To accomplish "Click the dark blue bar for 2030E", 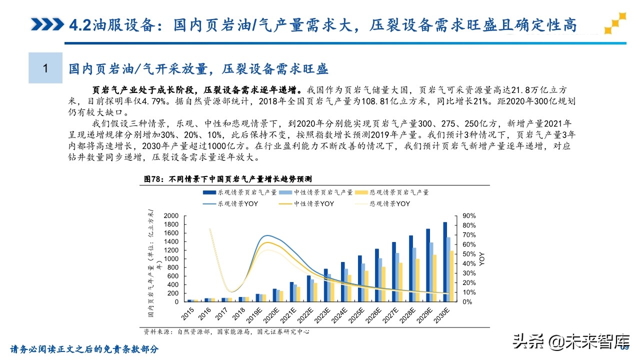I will point(444,262).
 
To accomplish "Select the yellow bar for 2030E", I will point(452,276).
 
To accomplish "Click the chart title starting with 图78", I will point(228,178).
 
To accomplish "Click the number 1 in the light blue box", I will point(45,68).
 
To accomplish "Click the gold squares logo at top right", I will point(615,23).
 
